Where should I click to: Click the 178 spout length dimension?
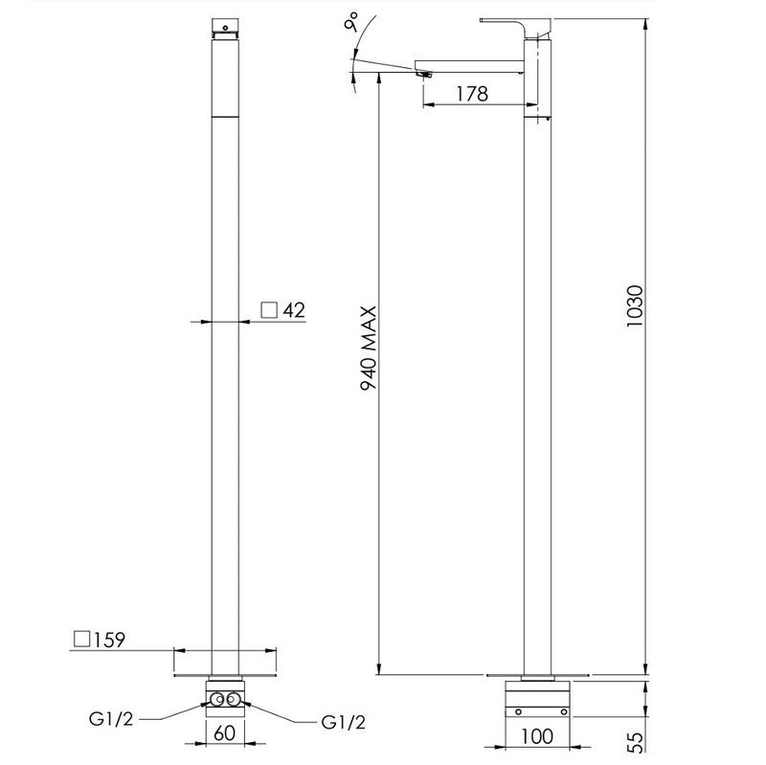(472, 93)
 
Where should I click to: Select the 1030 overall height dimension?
(635, 306)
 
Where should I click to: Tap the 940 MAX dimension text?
(369, 348)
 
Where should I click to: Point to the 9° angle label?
(351, 22)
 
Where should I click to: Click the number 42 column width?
(294, 310)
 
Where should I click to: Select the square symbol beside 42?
(269, 309)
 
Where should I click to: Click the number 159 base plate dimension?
(109, 640)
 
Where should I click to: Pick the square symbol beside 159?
(82, 639)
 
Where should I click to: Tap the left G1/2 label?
(111, 719)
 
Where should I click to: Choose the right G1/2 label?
(344, 722)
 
